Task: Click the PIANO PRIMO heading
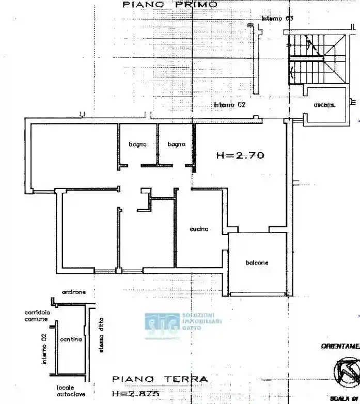[170, 5]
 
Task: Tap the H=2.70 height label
[240, 154]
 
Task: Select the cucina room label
[199, 229]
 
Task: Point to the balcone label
[257, 263]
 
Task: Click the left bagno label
[138, 145]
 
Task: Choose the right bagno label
[176, 145]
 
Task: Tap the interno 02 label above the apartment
[229, 105]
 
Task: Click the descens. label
[324, 105]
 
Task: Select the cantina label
[71, 339]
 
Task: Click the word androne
[74, 292]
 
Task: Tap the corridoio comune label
[36, 316]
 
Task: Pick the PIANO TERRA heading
[160, 379]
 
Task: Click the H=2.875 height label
[135, 394]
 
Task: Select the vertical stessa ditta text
[102, 334]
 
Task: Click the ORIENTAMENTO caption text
[340, 346]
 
